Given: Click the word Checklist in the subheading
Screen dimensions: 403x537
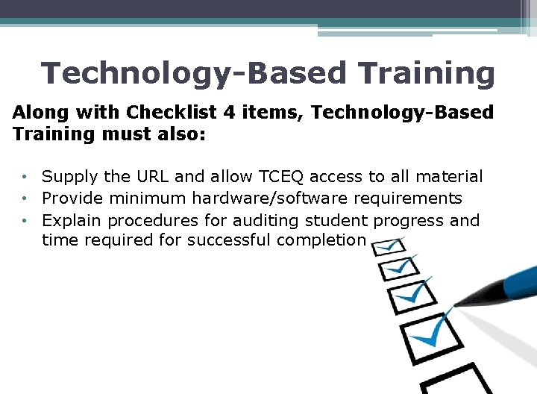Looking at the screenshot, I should tap(171, 113).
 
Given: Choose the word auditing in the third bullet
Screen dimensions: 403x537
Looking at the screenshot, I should tap(261, 220).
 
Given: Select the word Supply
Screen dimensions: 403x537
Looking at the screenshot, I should tap(66, 177).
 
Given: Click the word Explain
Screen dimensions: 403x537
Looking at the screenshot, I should tap(71, 220).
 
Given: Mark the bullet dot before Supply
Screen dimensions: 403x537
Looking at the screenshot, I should tap(25, 178).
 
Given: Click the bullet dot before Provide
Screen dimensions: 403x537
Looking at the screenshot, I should tap(25, 199).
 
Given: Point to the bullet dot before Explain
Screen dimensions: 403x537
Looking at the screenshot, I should tap(25, 221).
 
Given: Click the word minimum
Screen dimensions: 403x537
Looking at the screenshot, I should tap(152, 199).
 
